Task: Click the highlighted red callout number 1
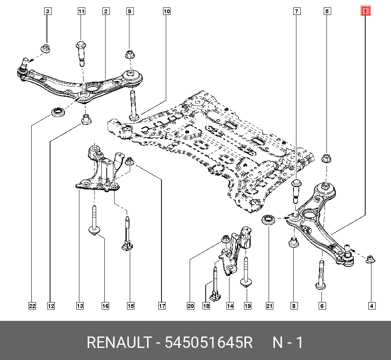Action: point(365,12)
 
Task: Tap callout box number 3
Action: point(47,12)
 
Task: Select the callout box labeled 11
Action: point(81,12)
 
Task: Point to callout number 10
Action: point(167,12)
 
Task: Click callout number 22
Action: point(32,306)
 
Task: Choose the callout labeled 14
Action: point(230,306)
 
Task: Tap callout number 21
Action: point(269,306)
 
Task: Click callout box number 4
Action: point(371,306)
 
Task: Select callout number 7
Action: point(297,12)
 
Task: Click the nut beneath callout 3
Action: point(46,49)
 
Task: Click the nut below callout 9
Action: point(129,54)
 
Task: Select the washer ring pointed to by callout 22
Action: point(59,112)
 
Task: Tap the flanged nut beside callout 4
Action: point(369,259)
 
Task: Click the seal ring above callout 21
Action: point(268,220)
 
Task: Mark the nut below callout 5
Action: point(326,159)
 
